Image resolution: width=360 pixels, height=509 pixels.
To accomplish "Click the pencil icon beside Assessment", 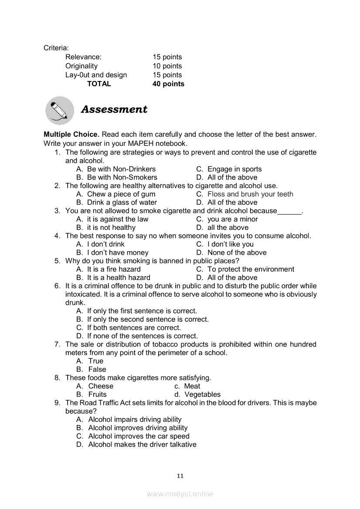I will [x=60, y=110].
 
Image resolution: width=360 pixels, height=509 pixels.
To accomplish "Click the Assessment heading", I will [x=114, y=109].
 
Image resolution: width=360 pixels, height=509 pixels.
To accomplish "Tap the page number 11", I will [x=180, y=476].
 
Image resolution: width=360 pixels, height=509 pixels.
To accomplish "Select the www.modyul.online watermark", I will [x=180, y=494].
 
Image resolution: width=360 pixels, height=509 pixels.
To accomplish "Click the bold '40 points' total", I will [x=168, y=84].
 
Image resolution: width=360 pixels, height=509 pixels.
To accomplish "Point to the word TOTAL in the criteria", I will [x=99, y=84].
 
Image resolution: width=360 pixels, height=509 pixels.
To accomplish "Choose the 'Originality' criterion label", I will [x=82, y=66].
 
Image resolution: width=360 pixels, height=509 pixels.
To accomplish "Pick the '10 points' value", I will [x=167, y=66].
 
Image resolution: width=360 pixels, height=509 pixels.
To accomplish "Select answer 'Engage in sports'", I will [x=234, y=169].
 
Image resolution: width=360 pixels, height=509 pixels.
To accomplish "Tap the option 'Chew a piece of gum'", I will [x=121, y=194].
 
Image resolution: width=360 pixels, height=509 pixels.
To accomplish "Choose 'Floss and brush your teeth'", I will [x=250, y=194].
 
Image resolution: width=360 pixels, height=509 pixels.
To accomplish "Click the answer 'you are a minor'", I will [x=233, y=219].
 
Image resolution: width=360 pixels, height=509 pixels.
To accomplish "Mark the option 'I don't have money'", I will [x=118, y=253].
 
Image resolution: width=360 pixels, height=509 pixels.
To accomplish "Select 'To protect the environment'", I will [x=251, y=270].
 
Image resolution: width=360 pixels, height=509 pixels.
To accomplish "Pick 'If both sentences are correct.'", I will [x=134, y=328].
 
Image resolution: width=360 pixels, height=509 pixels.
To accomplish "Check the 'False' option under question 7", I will [x=97, y=370].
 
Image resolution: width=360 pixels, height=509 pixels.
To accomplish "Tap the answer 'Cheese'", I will [x=101, y=386].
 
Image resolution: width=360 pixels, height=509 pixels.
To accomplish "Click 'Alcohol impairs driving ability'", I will [x=135, y=420].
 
